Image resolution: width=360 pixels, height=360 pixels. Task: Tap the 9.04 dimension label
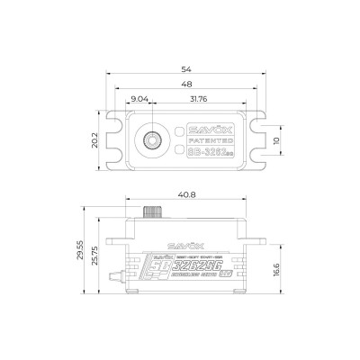click(139, 98)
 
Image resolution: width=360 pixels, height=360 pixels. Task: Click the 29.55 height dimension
click(82, 255)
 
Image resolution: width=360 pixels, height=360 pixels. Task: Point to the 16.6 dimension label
click(277, 269)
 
